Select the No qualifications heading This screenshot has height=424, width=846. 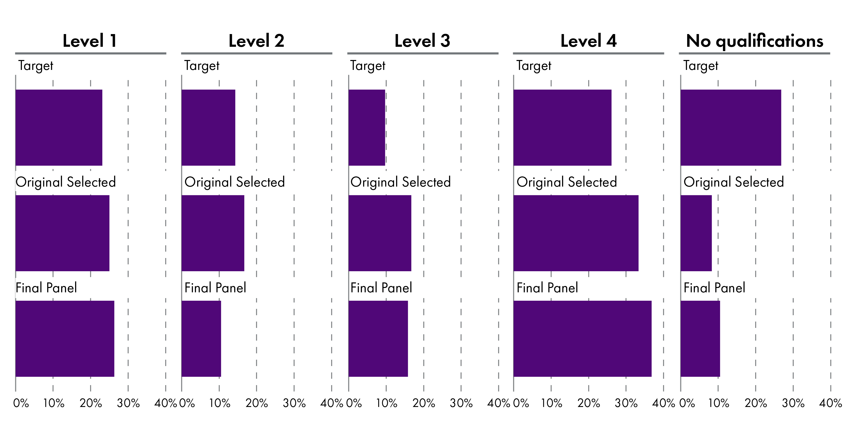(754, 41)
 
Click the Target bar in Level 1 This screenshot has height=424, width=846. (59, 128)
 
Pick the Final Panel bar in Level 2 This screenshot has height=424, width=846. (201, 339)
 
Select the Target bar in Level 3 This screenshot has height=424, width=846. (367, 128)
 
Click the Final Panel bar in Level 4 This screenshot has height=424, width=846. (582, 339)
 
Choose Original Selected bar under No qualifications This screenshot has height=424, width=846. (696, 233)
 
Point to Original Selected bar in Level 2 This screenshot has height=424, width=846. (213, 233)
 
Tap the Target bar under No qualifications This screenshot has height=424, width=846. (731, 128)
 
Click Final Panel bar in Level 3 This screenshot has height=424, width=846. (378, 339)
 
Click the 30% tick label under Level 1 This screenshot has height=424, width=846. (128, 403)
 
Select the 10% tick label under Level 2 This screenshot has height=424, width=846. (220, 403)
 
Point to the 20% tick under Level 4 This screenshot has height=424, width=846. (588, 403)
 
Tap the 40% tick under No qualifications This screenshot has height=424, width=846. (830, 403)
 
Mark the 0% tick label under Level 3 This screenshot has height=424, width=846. (354, 403)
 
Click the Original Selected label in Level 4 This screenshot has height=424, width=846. (567, 182)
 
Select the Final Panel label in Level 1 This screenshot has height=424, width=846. (46, 288)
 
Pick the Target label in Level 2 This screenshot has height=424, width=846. (202, 66)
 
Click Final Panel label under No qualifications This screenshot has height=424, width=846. (714, 288)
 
